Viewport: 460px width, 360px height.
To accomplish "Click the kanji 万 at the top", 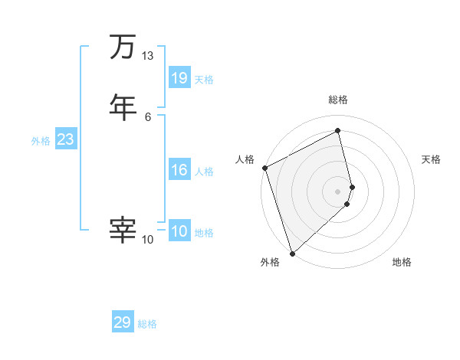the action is (x=123, y=47).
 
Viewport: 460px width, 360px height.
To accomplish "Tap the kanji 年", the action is (x=123, y=106).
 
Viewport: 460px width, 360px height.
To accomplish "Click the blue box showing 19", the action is (x=179, y=77).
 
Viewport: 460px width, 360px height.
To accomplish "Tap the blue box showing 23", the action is (x=65, y=139).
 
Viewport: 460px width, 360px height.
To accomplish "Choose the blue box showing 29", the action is (x=123, y=322).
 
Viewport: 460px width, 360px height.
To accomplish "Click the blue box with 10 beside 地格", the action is (x=179, y=231).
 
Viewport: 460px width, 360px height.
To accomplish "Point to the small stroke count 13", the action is (x=147, y=56).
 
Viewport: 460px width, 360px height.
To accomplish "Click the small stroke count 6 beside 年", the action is (x=147, y=116).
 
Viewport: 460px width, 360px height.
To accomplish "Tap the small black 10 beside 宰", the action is (x=147, y=240).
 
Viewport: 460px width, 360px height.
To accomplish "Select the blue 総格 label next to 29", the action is (x=147, y=324).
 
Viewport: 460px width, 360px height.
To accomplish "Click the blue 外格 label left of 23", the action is (x=41, y=141).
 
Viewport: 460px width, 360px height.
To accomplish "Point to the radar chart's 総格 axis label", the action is (x=338, y=100).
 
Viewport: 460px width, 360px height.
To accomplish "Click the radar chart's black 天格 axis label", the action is (x=432, y=159).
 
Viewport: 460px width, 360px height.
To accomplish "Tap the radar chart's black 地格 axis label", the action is (x=402, y=263).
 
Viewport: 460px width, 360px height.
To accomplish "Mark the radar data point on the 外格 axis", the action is (x=291, y=253).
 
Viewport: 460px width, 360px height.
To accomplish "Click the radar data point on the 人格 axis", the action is (x=264, y=168).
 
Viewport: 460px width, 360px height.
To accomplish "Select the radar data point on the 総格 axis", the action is (x=338, y=131).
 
